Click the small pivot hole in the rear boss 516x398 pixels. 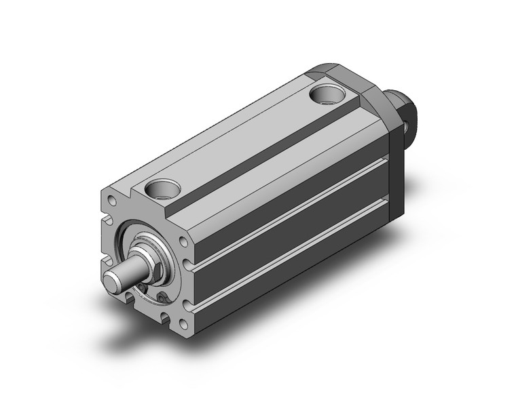click(x=406, y=124)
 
